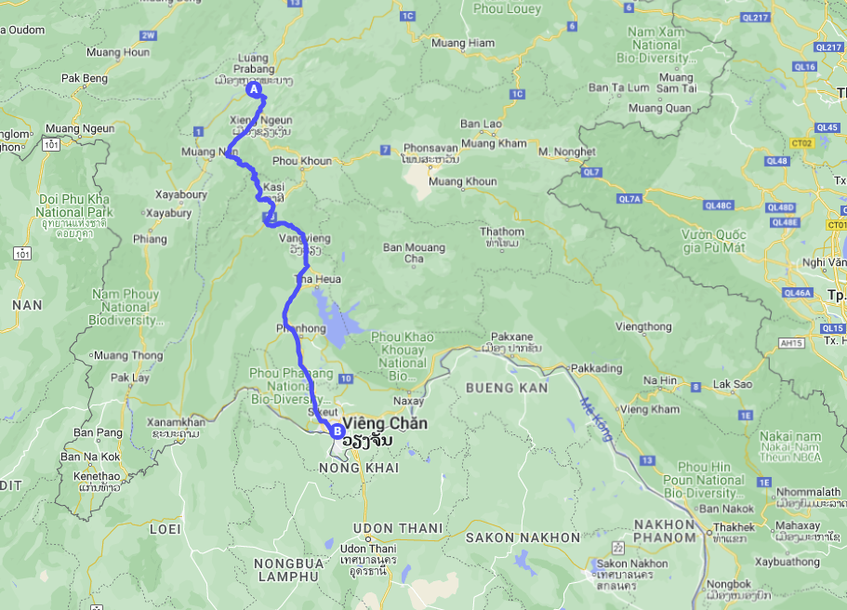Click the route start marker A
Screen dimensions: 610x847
point(252,89)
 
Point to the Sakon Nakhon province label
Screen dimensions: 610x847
point(523,537)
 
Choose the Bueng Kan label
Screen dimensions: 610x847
point(508,387)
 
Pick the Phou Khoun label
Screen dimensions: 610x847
point(302,161)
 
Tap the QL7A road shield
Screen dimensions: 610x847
point(629,199)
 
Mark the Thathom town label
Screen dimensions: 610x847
point(501,232)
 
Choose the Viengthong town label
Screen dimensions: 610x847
point(642,326)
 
